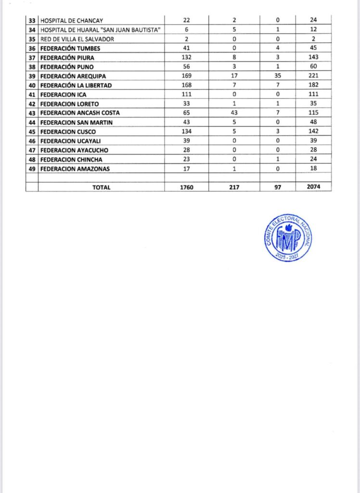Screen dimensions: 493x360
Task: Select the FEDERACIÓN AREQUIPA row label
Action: (x=73, y=76)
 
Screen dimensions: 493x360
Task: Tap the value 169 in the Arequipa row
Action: (x=186, y=76)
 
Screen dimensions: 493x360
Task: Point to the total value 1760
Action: (x=186, y=187)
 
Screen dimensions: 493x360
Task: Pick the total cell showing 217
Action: (x=234, y=187)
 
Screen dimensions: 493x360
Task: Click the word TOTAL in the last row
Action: (x=101, y=187)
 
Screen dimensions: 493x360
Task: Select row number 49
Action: (x=32, y=169)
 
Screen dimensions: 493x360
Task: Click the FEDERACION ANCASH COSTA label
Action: (x=80, y=113)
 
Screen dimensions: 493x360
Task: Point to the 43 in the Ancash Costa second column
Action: (x=234, y=113)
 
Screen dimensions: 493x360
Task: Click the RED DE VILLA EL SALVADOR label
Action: (x=77, y=39)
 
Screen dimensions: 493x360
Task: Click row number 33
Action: (x=32, y=21)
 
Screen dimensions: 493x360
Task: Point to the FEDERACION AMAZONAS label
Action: (x=74, y=169)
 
